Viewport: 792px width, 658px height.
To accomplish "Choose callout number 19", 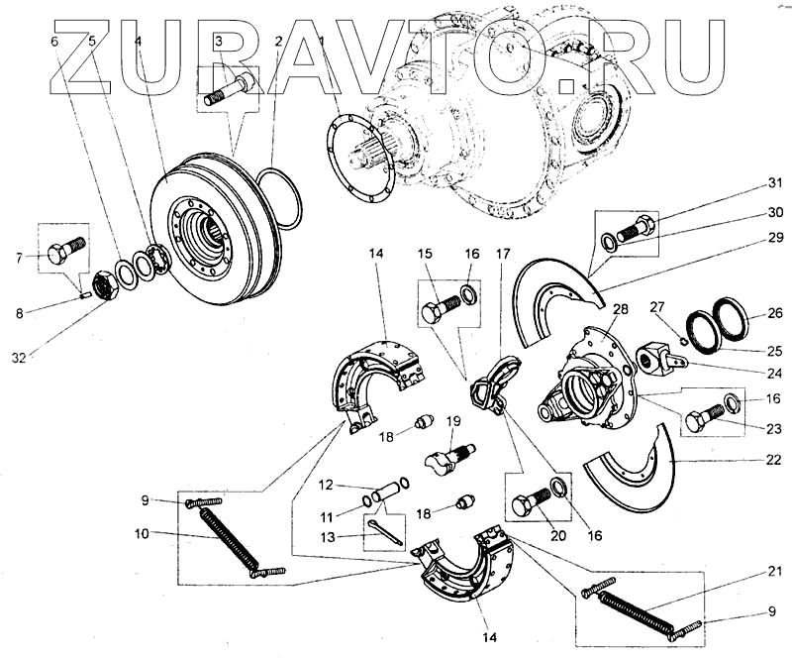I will [x=452, y=423].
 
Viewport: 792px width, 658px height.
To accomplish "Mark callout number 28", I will [x=620, y=310].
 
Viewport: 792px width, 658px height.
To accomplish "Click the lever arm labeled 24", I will [x=661, y=358].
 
